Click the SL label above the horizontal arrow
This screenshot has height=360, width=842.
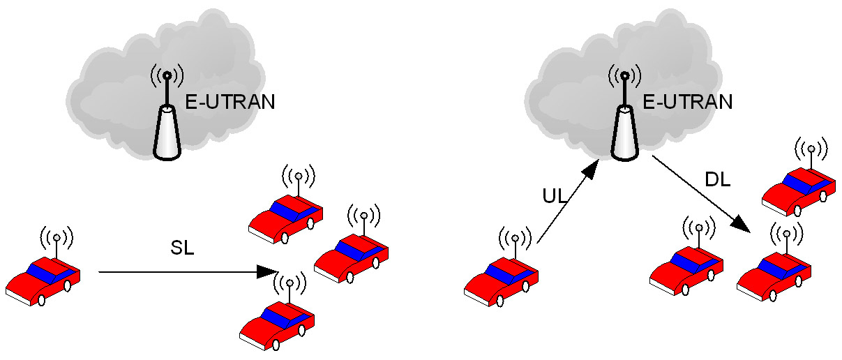click(183, 248)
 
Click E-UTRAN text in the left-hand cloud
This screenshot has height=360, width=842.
click(230, 103)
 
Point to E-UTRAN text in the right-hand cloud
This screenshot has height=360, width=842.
click(687, 103)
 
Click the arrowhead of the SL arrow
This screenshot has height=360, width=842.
click(267, 271)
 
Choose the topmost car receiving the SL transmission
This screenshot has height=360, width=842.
click(286, 220)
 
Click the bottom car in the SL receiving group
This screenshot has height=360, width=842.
click(276, 325)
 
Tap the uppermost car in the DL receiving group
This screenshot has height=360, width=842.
click(799, 190)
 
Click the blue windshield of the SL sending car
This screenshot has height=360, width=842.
click(43, 273)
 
